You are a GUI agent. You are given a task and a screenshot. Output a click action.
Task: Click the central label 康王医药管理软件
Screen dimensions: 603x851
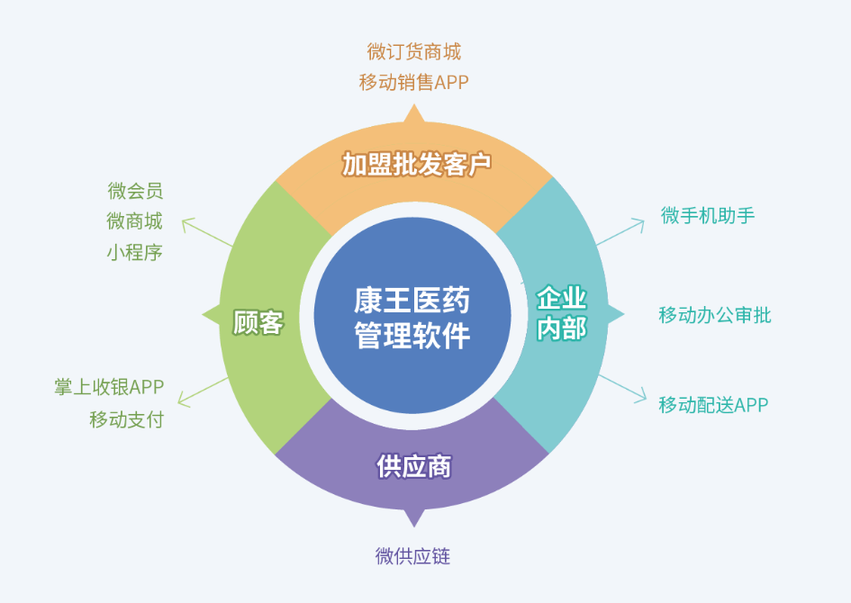tap(412, 318)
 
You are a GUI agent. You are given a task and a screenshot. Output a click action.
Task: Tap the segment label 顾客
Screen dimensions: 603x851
tap(258, 322)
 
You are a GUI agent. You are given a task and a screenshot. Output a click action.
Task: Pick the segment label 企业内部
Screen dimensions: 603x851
tap(561, 313)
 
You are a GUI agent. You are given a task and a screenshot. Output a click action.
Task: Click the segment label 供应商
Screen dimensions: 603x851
tap(413, 467)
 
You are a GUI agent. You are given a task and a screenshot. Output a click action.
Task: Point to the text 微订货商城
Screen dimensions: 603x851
tap(413, 51)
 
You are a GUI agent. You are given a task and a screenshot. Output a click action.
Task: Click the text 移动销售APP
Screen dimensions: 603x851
tap(413, 83)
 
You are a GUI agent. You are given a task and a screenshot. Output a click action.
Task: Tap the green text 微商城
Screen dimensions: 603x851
tap(135, 221)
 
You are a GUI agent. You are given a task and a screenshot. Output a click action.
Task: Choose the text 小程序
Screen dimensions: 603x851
tap(135, 252)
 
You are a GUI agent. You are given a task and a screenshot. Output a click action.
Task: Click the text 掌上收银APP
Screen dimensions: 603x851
tap(109, 388)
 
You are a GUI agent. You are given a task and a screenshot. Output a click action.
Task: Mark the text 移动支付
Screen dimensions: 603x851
tap(127, 419)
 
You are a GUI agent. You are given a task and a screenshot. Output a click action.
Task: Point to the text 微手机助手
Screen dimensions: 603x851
tap(707, 215)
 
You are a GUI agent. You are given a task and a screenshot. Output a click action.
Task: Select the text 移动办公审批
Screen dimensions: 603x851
tap(715, 315)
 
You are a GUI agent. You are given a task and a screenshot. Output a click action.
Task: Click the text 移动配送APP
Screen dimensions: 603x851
tap(713, 405)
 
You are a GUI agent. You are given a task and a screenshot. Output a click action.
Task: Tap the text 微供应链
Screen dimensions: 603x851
tap(412, 556)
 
